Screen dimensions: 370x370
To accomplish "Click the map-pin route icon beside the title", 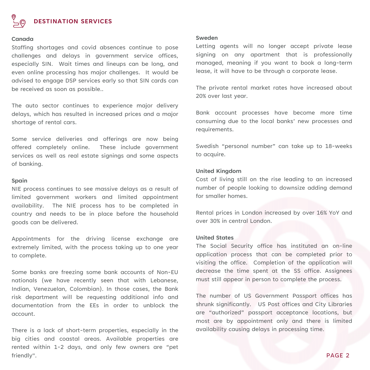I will pyautogui.click(x=19, y=21).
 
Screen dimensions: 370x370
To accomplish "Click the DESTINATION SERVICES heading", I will pyautogui.click(x=73, y=21).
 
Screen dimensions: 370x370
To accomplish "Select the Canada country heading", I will pyautogui.click(x=22, y=39).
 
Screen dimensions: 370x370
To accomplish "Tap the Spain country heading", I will pyautogui.click(x=19, y=181).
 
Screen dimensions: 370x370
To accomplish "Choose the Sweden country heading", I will pyautogui.click(x=207, y=38).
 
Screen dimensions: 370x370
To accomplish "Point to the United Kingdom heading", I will pyautogui.click(x=218, y=171).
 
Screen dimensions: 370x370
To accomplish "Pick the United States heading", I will pyautogui.click(x=215, y=238).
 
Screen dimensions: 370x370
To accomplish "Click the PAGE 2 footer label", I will pyautogui.click(x=338, y=355).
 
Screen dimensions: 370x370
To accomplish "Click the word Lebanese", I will pyautogui.click(x=164, y=281).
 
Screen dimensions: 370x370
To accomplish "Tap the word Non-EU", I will pyautogui.click(x=167, y=272).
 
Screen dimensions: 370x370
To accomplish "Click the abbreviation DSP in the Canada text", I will pyautogui.click(x=71, y=81).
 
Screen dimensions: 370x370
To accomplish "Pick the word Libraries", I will pyautogui.click(x=340, y=304).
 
